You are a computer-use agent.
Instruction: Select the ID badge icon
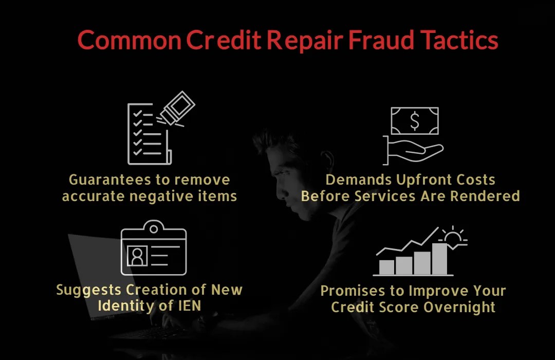click(154, 249)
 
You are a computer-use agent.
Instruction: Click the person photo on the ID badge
click(137, 256)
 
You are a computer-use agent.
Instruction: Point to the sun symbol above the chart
click(453, 237)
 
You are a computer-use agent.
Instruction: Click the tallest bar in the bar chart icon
click(439, 258)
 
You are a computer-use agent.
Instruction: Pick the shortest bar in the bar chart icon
click(386, 267)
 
